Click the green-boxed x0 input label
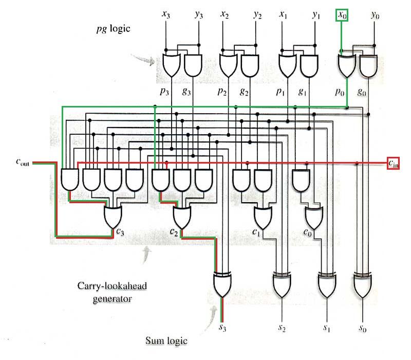[x=342, y=15]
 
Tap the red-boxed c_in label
[x=393, y=164]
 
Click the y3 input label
[x=198, y=15]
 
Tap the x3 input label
[x=165, y=15]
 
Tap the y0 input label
[x=375, y=15]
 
